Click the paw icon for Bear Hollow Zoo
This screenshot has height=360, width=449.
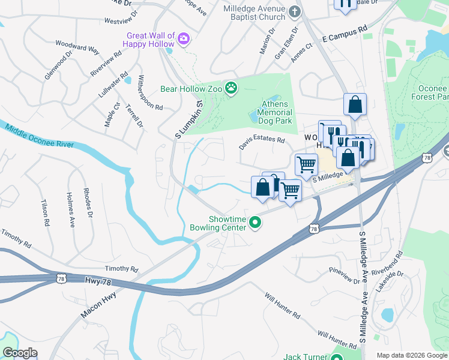231,89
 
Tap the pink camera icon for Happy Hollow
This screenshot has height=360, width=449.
184,40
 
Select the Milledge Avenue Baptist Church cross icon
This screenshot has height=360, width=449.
294,11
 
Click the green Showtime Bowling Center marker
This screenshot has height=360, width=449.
256,223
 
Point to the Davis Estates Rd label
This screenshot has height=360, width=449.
261,143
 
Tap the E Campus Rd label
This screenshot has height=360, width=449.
344,32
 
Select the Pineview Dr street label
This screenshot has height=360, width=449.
344,277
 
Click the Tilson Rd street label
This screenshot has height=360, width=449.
44,212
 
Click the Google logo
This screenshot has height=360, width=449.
20,353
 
